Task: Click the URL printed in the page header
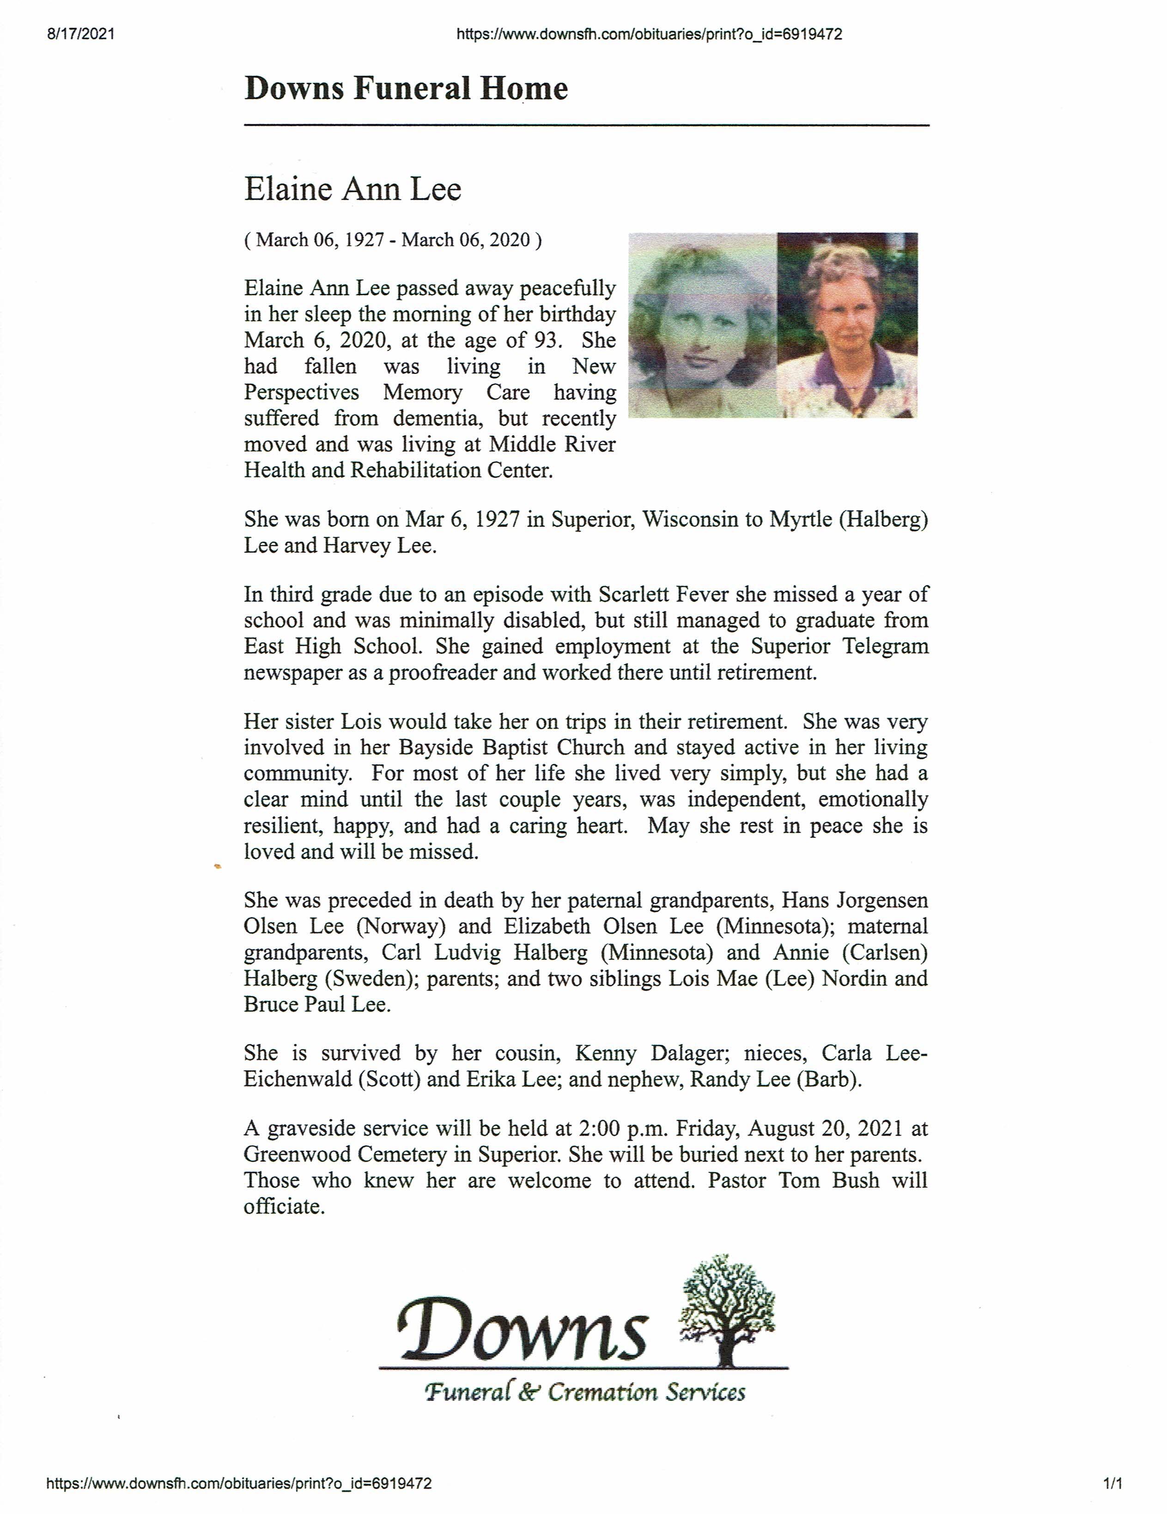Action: (x=650, y=34)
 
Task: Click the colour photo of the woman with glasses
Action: (x=847, y=325)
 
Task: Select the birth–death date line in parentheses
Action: (x=393, y=240)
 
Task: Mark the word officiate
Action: (x=284, y=1206)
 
